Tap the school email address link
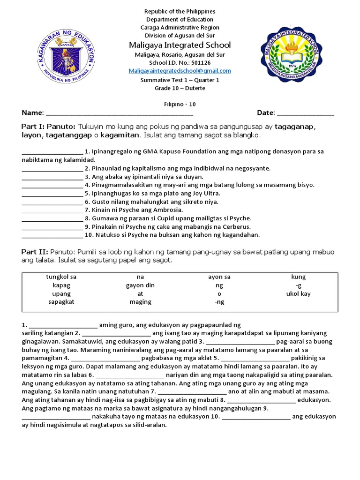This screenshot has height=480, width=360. pyautogui.click(x=180, y=71)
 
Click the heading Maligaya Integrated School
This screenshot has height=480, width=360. pyautogui.click(x=180, y=45)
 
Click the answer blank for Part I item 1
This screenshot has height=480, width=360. pyautogui.click(x=52, y=152)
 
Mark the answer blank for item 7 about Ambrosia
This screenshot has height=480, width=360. pyautogui.click(x=52, y=210)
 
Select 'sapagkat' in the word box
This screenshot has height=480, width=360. pyautogui.click(x=61, y=302)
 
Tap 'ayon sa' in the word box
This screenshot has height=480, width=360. pyautogui.click(x=219, y=277)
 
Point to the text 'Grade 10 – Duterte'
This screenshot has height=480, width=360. pyautogui.click(x=180, y=88)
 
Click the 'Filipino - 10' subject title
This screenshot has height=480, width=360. pyautogui.click(x=180, y=105)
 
